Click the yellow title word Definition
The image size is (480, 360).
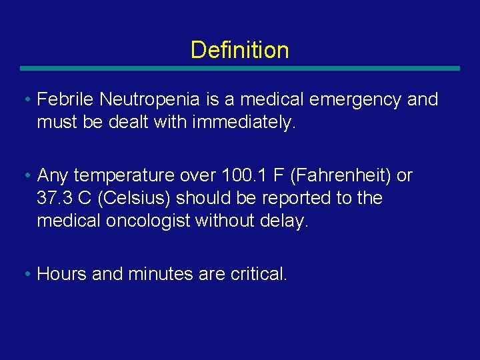click(x=239, y=50)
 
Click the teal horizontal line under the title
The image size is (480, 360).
click(x=239, y=68)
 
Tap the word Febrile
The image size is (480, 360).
click(x=66, y=100)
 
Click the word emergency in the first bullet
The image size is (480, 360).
click(x=345, y=100)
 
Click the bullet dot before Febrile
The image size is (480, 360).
click(x=25, y=101)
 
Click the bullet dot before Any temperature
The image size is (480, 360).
click(x=25, y=176)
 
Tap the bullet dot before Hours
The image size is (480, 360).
click(x=25, y=274)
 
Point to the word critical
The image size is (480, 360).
click(x=258, y=274)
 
